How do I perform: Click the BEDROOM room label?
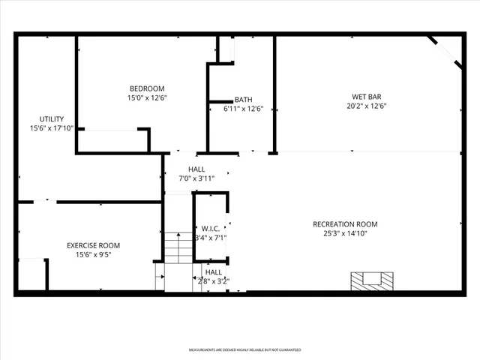pyautogui.click(x=146, y=88)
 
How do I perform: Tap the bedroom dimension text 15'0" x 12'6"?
pyautogui.click(x=146, y=97)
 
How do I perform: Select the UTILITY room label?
pyautogui.click(x=52, y=119)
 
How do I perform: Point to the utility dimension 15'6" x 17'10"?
pyautogui.click(x=52, y=128)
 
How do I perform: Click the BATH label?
pyautogui.click(x=243, y=100)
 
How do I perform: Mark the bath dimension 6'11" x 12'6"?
pyautogui.click(x=243, y=109)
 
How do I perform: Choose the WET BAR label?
pyautogui.click(x=366, y=97)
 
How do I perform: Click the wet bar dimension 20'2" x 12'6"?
pyautogui.click(x=366, y=106)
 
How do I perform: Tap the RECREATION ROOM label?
pyautogui.click(x=345, y=224)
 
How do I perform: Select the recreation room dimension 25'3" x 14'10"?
pyautogui.click(x=345, y=233)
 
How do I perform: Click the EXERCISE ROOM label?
pyautogui.click(x=93, y=245)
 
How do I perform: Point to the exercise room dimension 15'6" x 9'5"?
pyautogui.click(x=93, y=254)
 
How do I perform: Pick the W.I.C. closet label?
pyautogui.click(x=209, y=229)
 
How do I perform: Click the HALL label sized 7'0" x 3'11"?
pyautogui.click(x=196, y=169)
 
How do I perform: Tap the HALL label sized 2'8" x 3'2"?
pyautogui.click(x=214, y=272)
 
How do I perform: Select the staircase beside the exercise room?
pyautogui.click(x=178, y=248)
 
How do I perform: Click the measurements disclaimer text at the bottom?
pyautogui.click(x=244, y=350)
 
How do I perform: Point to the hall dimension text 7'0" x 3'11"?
pyautogui.click(x=196, y=178)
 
